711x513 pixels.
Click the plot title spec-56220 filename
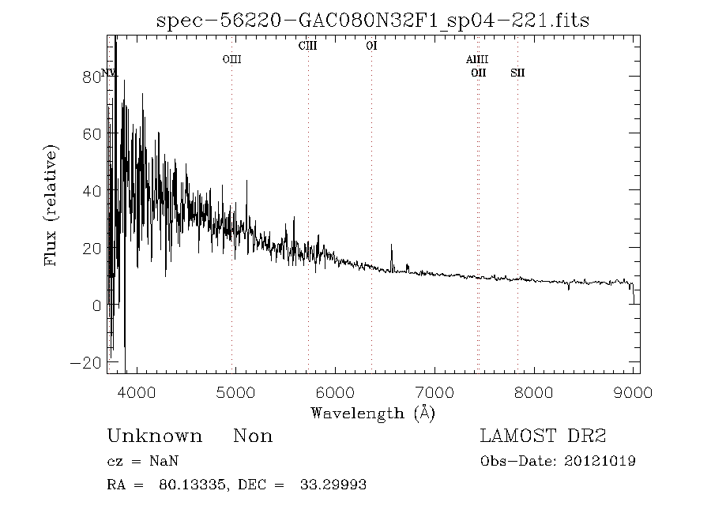(373, 21)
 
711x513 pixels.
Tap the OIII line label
(231, 59)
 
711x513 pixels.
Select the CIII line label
(307, 46)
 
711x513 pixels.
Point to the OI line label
(371, 46)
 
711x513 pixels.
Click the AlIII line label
(477, 60)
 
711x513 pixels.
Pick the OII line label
(478, 73)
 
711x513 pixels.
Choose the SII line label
(517, 73)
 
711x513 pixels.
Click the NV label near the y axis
(109, 73)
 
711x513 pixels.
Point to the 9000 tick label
(634, 392)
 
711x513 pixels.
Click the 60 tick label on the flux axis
(92, 133)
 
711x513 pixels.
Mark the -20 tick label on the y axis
(87, 363)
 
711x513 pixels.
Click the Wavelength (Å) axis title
(373, 413)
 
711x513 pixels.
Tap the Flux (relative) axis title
(52, 205)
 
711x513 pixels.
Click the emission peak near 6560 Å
(392, 245)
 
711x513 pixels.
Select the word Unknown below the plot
(154, 436)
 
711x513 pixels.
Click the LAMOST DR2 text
(544, 436)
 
